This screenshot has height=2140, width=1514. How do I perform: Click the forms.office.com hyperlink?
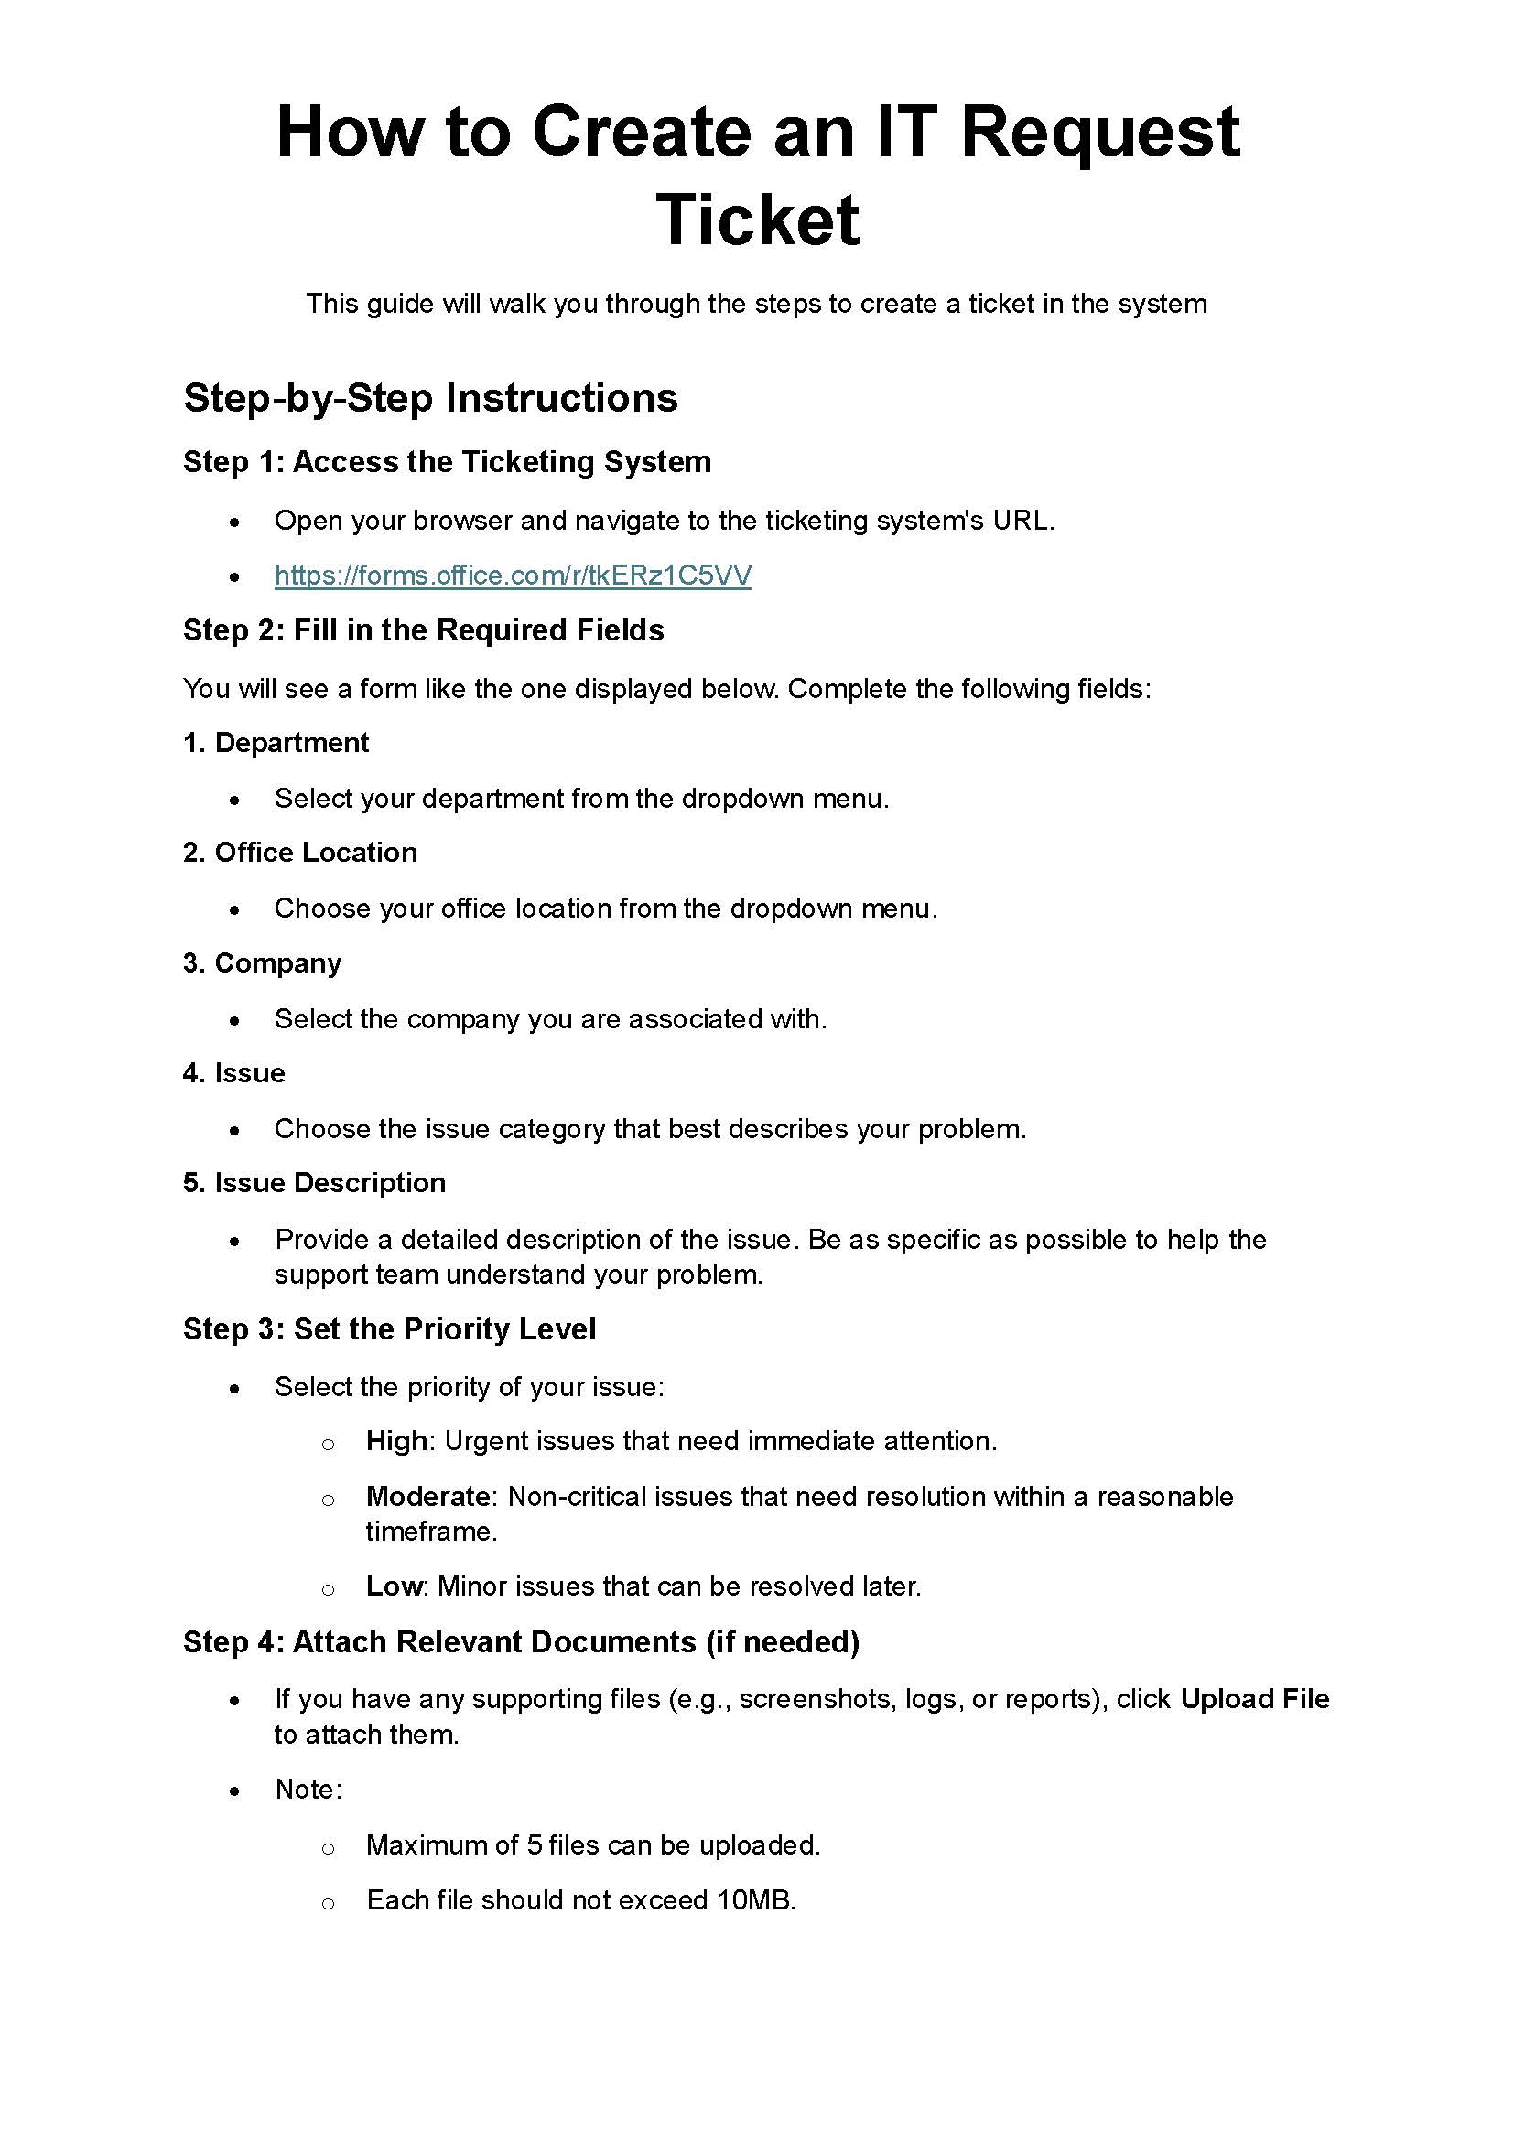[513, 575]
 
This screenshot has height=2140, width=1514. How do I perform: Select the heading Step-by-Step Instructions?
[430, 398]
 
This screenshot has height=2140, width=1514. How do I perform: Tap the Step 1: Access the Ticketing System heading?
[447, 462]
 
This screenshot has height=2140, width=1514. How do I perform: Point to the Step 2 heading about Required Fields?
[423, 630]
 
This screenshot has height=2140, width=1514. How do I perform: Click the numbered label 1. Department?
[276, 743]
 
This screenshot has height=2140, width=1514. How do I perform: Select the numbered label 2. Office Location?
[300, 853]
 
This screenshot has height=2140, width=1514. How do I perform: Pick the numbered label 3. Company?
[262, 962]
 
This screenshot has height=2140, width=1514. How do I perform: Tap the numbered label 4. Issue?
[234, 1073]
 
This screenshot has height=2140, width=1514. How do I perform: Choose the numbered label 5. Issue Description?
[314, 1183]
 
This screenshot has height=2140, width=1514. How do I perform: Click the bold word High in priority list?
[396, 1441]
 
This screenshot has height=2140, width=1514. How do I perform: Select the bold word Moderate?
[427, 1497]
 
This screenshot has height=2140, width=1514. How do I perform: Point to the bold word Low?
[395, 1586]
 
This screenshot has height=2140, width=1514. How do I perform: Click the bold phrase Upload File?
[1255, 1699]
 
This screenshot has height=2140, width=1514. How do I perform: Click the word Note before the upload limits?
[306, 1790]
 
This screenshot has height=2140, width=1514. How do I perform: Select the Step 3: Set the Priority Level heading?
[389, 1329]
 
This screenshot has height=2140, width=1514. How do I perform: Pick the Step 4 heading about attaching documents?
[520, 1642]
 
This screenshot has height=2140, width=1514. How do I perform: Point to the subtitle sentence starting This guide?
[756, 304]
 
